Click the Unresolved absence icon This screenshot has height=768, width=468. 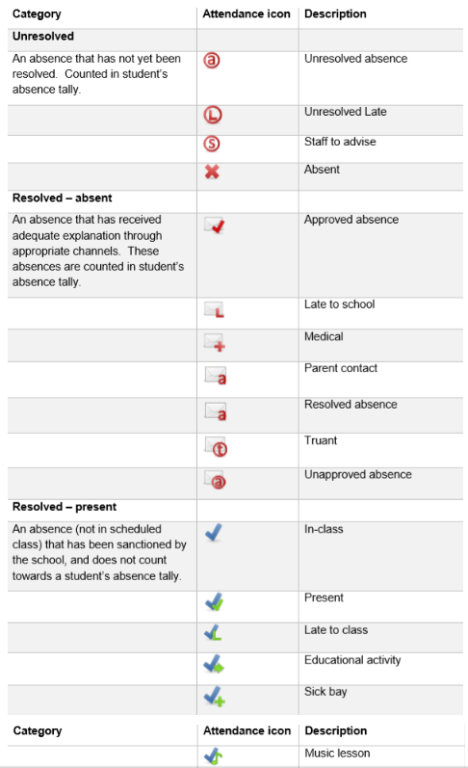(x=213, y=60)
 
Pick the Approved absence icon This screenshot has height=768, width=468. (x=215, y=225)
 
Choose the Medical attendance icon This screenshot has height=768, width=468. (x=215, y=342)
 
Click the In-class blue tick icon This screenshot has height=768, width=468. (x=214, y=532)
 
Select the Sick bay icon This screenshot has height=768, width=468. (x=215, y=695)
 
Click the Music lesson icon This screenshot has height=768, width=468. (x=214, y=756)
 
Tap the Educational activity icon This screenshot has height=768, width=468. (x=214, y=663)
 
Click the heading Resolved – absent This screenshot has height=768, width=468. (x=62, y=198)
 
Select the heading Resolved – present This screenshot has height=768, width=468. (x=64, y=507)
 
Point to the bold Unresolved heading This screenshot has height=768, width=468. (x=42, y=36)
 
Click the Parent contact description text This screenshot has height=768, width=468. (x=341, y=368)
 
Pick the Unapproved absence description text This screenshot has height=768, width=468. (x=357, y=474)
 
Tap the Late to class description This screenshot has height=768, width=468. (x=336, y=630)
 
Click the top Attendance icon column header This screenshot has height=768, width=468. (x=247, y=14)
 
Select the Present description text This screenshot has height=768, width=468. (x=324, y=597)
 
